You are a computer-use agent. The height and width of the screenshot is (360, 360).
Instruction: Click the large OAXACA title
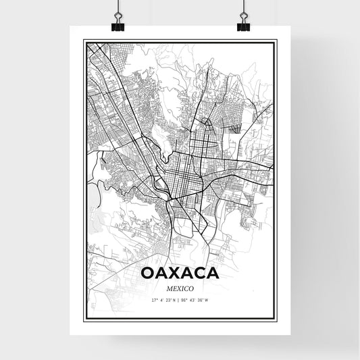[x=180, y=274]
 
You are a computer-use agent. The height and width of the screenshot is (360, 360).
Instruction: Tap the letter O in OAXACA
[x=147, y=274]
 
